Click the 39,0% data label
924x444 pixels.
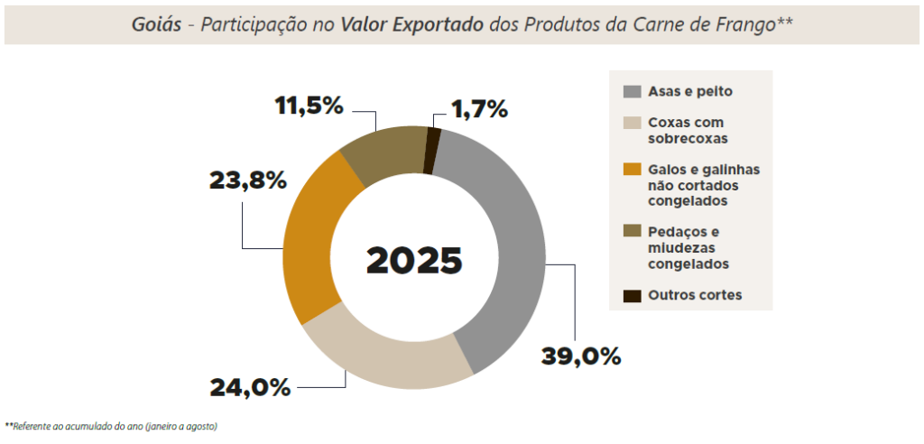click(x=581, y=356)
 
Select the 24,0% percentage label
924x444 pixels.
click(x=250, y=387)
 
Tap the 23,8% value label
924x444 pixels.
click(x=247, y=180)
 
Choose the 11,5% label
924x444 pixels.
click(x=310, y=106)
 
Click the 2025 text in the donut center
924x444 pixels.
click(x=414, y=260)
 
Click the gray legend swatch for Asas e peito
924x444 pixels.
click(x=633, y=91)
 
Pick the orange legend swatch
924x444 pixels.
click(x=633, y=170)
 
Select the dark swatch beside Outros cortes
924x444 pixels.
click(x=633, y=295)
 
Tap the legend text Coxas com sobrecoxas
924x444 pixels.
click(x=687, y=130)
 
